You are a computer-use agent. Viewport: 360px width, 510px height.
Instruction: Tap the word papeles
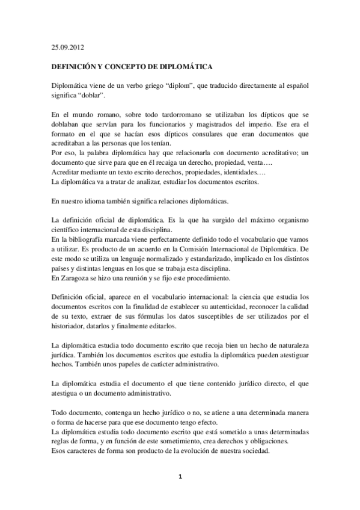[127, 365]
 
